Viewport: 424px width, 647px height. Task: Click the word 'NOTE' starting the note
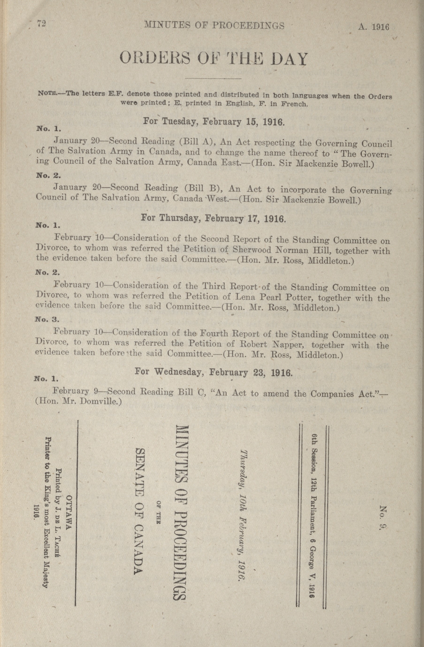tap(47, 94)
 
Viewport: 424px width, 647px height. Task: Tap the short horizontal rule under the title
tap(213, 79)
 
